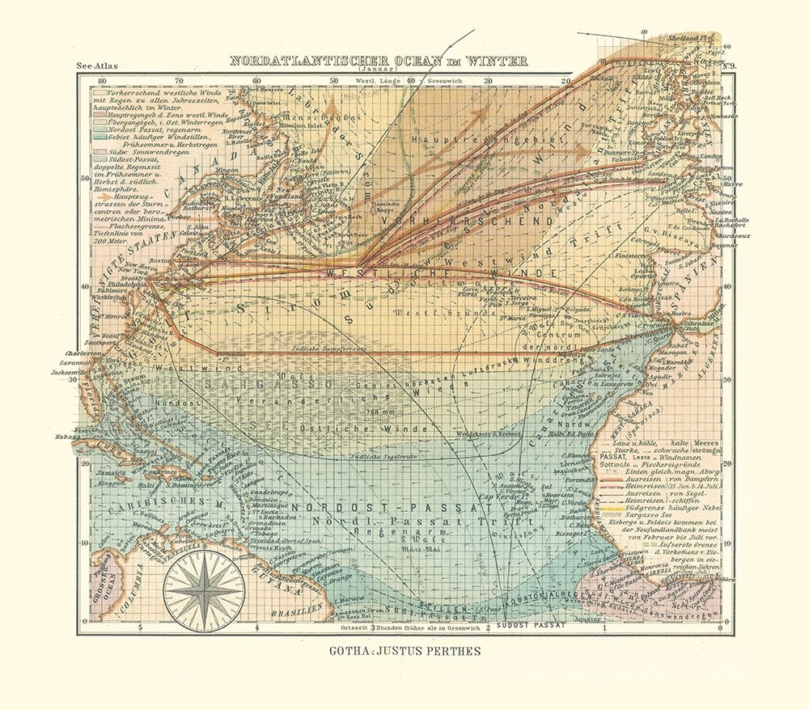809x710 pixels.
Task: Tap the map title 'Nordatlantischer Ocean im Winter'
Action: tap(379, 61)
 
